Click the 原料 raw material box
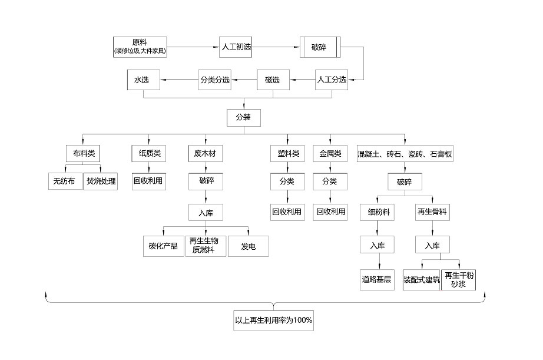click(x=140, y=47)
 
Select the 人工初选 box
click(x=236, y=47)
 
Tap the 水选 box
click(x=143, y=80)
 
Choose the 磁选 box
click(x=273, y=80)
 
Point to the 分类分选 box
click(x=214, y=80)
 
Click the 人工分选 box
click(x=332, y=80)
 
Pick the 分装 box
click(x=243, y=117)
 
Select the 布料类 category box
click(x=82, y=154)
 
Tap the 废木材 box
click(x=206, y=154)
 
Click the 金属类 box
click(x=330, y=154)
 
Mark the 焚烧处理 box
click(x=101, y=181)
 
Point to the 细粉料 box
click(x=378, y=212)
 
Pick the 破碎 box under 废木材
click(x=206, y=181)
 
